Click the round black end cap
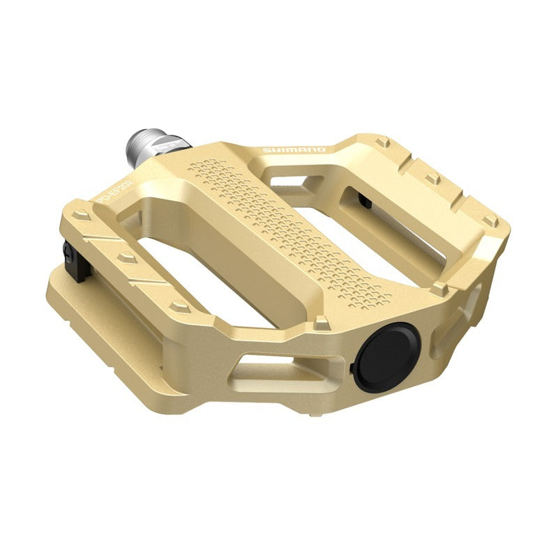[386, 356]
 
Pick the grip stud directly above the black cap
[322, 322]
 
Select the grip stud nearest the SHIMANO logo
[382, 142]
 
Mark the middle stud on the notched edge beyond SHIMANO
[433, 179]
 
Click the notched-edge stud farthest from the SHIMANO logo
[490, 221]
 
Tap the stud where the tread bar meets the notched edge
[439, 287]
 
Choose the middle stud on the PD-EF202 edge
[127, 257]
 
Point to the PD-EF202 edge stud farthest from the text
[180, 306]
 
